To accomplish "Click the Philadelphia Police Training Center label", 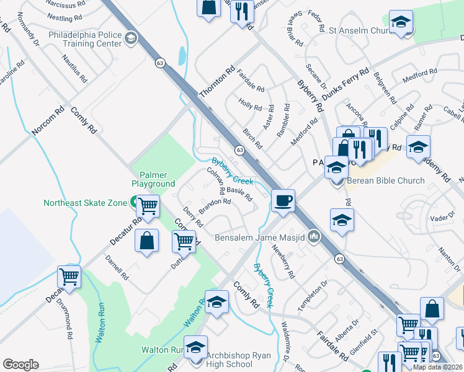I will point(84,40).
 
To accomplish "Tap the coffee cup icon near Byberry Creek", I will point(283,200).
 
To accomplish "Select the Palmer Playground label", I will point(153,179).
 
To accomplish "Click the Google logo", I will point(20,365).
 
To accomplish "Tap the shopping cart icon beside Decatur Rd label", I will point(147,205).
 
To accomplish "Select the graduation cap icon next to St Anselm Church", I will point(401,22).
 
